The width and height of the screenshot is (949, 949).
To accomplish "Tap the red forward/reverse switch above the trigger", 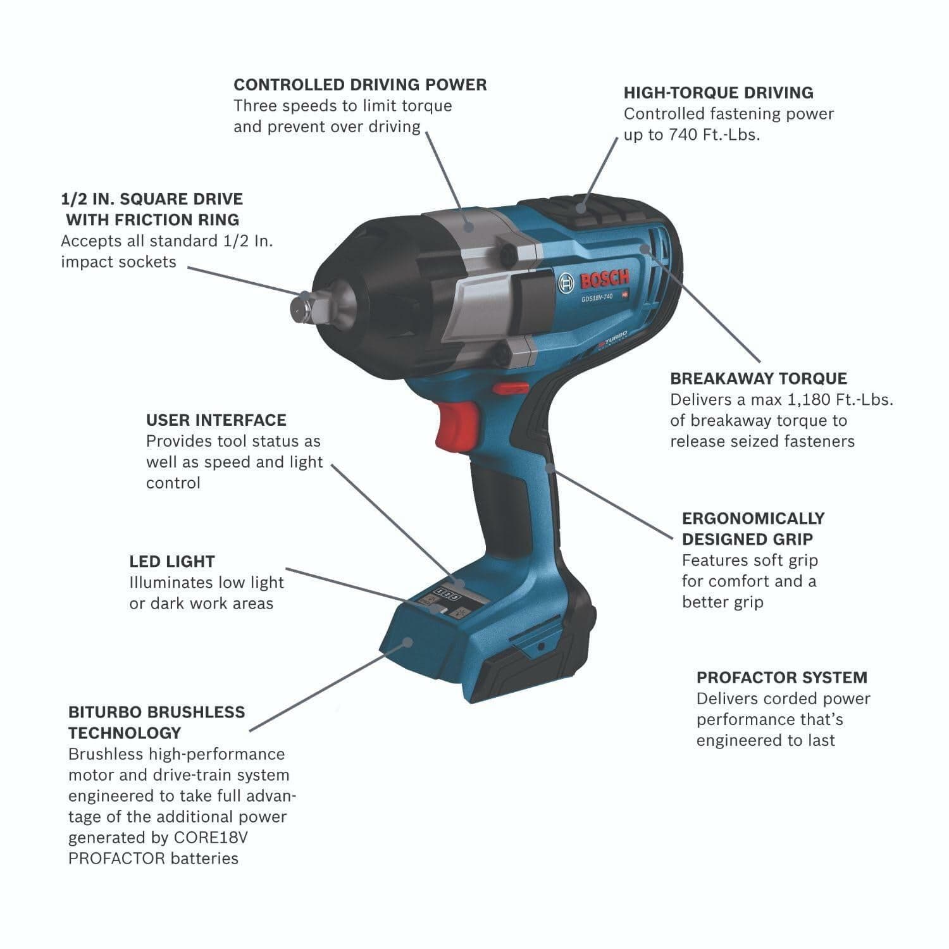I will pyautogui.click(x=510, y=387).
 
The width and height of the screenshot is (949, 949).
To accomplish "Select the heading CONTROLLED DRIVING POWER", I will pyautogui.click(x=360, y=85).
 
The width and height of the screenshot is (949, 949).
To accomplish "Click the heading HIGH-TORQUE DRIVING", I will pyautogui.click(x=718, y=93).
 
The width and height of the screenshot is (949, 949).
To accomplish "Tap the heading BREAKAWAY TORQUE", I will pyautogui.click(x=758, y=378).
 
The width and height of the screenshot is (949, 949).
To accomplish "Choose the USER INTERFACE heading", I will pyautogui.click(x=216, y=420).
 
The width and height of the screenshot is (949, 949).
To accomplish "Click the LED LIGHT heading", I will pyautogui.click(x=171, y=561).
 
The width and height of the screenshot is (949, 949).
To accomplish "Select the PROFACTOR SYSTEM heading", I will pyautogui.click(x=781, y=678).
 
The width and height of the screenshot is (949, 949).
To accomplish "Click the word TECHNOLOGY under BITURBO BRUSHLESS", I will pyautogui.click(x=125, y=733).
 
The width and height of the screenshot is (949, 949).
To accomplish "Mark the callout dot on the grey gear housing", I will pyautogui.click(x=468, y=225).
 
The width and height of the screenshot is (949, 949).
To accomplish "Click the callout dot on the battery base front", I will pyautogui.click(x=407, y=643).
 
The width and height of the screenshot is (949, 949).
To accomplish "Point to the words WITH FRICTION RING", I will pyautogui.click(x=152, y=220).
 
